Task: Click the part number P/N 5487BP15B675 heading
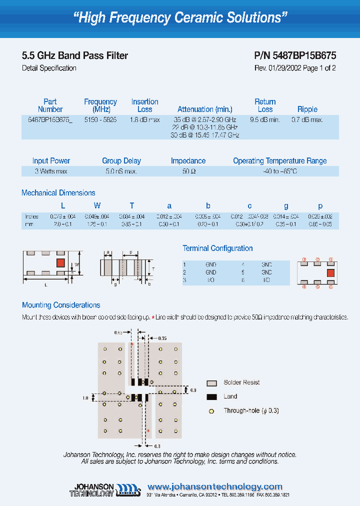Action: [x=295, y=56]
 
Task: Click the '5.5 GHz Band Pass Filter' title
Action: [x=75, y=56]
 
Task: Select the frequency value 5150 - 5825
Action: [x=100, y=120]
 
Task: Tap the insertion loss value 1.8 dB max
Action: [x=144, y=120]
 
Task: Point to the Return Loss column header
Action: [x=265, y=105]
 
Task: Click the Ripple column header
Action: [x=307, y=109]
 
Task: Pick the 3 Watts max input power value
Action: [x=51, y=171]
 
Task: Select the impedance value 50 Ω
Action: [x=188, y=171]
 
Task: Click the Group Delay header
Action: [x=121, y=161]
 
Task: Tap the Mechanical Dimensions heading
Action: [x=58, y=193]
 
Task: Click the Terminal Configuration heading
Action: [x=217, y=248]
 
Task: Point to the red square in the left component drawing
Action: [x=60, y=262]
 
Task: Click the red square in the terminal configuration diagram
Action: [x=330, y=272]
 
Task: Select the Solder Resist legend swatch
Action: [x=212, y=382]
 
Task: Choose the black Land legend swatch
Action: [x=212, y=396]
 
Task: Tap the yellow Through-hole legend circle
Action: [x=212, y=411]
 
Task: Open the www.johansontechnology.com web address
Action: [x=215, y=486]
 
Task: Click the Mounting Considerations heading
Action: [x=61, y=305]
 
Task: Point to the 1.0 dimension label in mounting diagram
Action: [x=85, y=397]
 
